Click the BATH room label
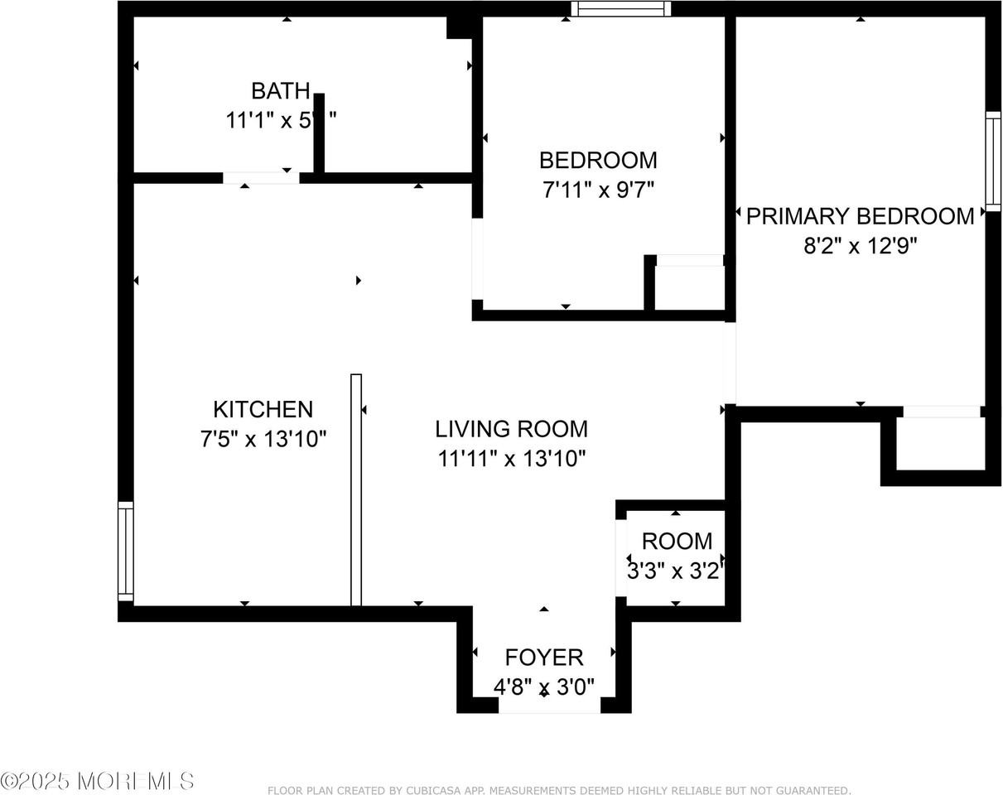281,90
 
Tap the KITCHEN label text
263,409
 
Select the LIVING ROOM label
512,429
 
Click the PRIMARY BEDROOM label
860,216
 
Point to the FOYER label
544,658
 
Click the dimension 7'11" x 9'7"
598,190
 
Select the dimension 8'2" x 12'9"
861,246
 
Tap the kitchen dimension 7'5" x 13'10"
263,439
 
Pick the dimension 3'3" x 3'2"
676,571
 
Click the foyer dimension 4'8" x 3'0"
544,687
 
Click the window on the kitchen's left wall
125,552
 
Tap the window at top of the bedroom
620,9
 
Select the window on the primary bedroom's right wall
992,161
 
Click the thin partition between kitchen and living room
356,489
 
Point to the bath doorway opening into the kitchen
261,177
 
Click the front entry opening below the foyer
549,706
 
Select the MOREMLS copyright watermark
98,781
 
